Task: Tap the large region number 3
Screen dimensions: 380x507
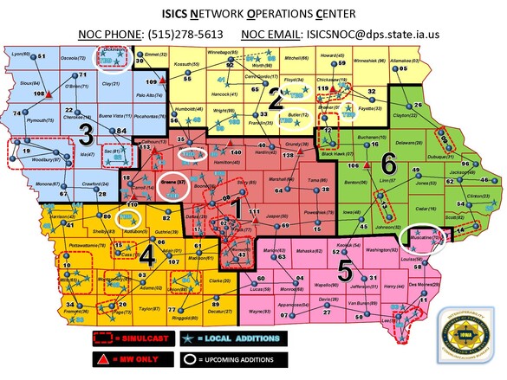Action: [x=87, y=134]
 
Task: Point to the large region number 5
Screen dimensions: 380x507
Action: [x=345, y=269]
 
